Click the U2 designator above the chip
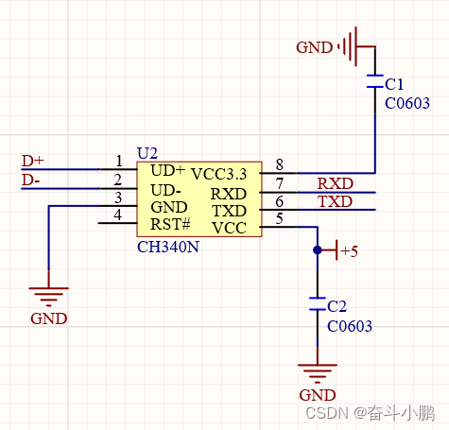point(147,152)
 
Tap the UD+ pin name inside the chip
point(167,171)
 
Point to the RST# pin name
point(170,226)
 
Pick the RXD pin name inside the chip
point(228,193)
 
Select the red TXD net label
point(335,201)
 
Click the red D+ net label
point(32,161)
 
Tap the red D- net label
point(31,180)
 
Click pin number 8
point(278,164)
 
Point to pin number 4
point(118,215)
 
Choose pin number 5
point(278,219)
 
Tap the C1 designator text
point(394,84)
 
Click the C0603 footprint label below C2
point(349,326)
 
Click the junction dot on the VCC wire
point(318,250)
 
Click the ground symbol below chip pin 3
point(48,294)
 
